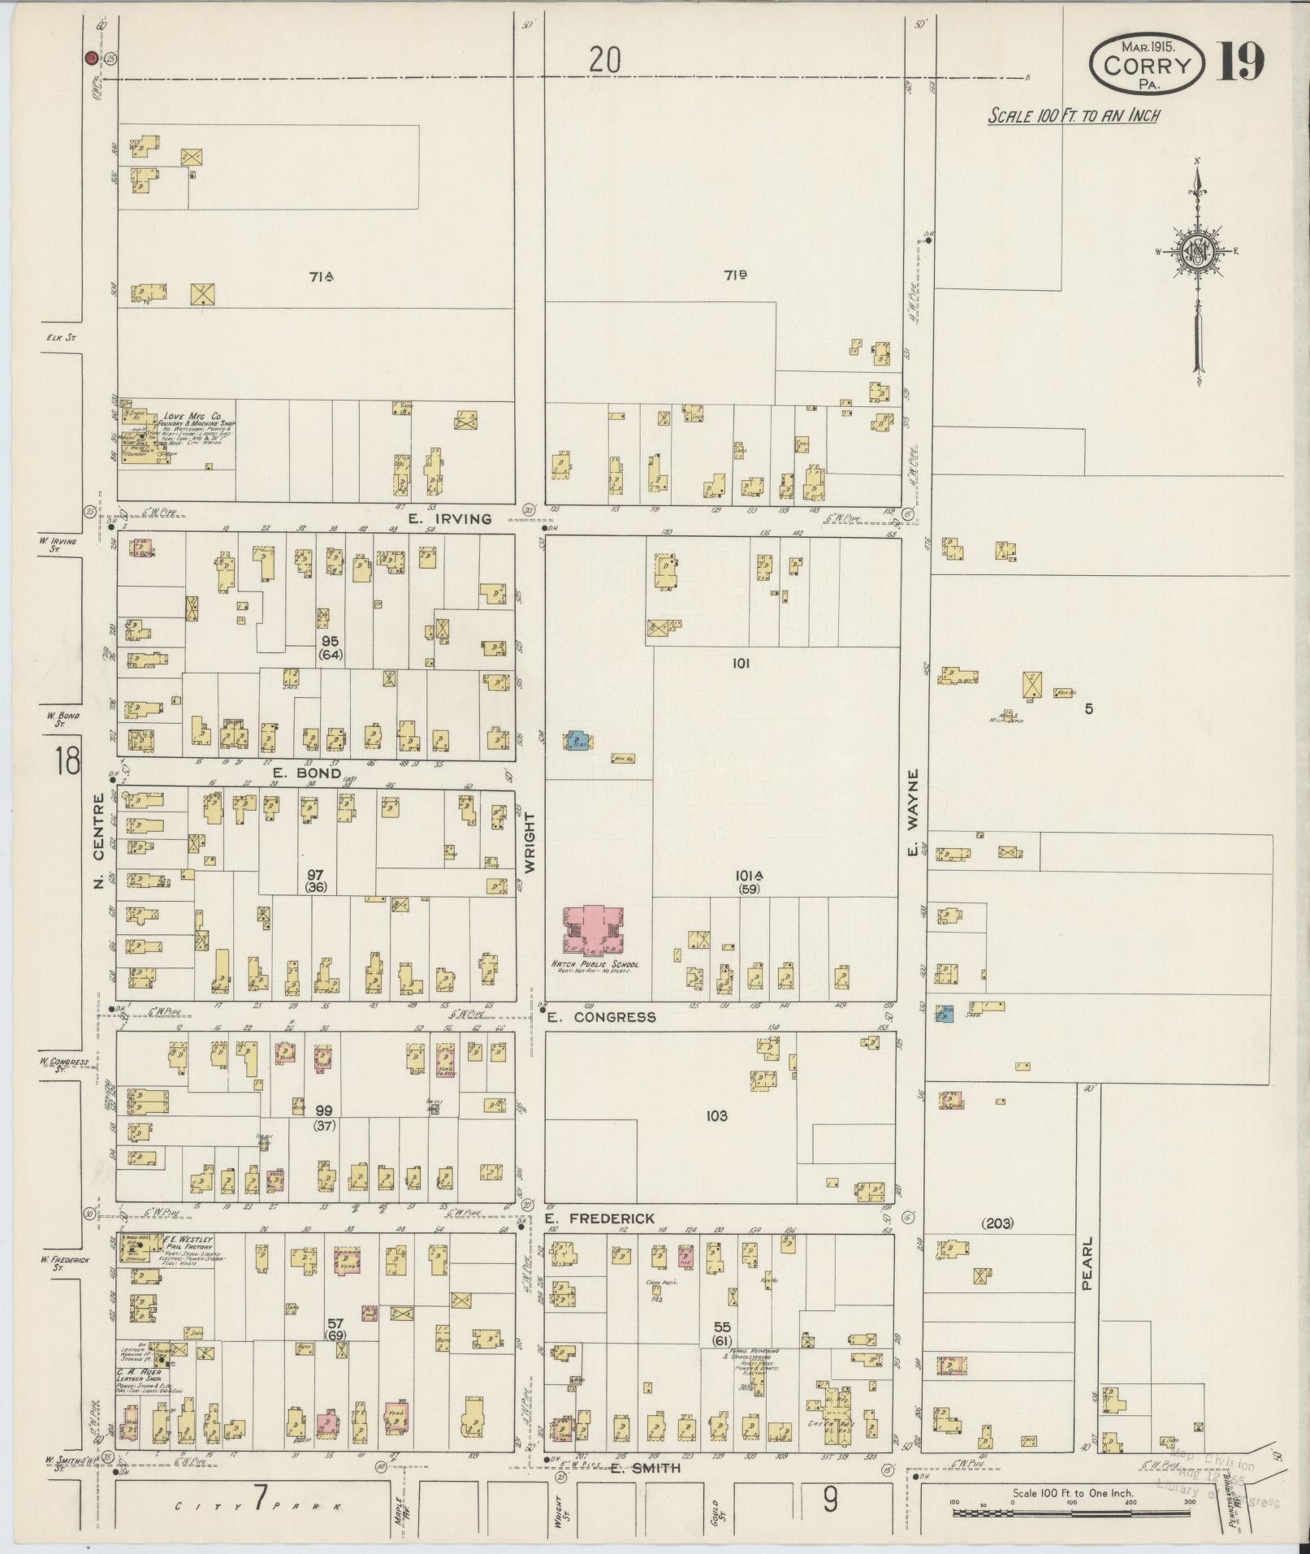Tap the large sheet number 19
click(x=1240, y=63)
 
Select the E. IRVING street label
click(x=450, y=518)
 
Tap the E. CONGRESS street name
click(x=601, y=1017)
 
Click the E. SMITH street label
click(x=646, y=1469)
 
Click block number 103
click(x=717, y=1116)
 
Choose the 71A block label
click(x=322, y=278)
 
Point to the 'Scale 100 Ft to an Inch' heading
click(x=1073, y=115)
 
